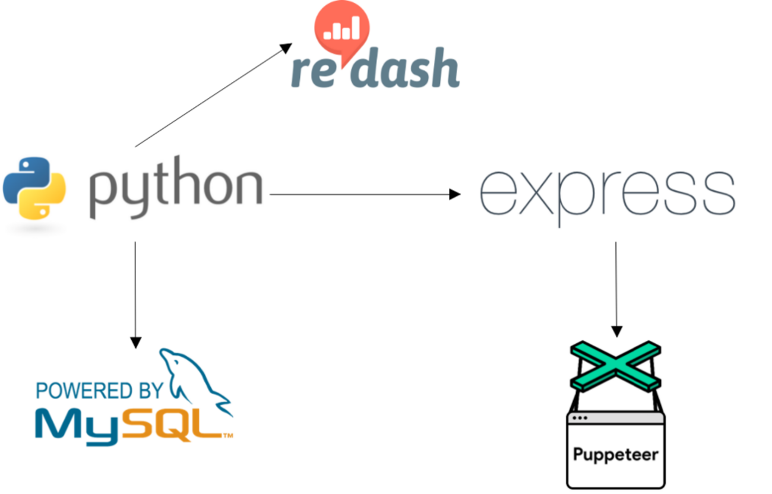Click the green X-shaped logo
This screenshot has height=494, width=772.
(615, 367)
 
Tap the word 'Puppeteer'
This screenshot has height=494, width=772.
(615, 455)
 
